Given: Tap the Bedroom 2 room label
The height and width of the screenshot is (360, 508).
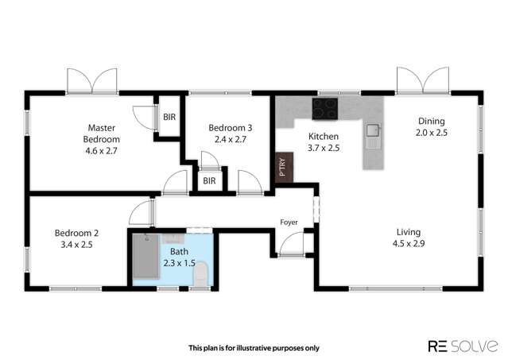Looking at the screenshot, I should pos(76,239).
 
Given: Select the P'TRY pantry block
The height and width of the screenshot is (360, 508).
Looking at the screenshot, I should pos(282,168).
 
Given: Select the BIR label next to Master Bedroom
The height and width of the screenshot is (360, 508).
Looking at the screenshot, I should pos(169,117).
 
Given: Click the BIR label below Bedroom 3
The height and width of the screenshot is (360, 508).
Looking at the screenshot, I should pos(209,181).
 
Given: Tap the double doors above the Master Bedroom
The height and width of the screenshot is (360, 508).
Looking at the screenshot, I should pos(93,81).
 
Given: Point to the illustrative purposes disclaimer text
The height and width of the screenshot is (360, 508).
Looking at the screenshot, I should pos(254,346).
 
